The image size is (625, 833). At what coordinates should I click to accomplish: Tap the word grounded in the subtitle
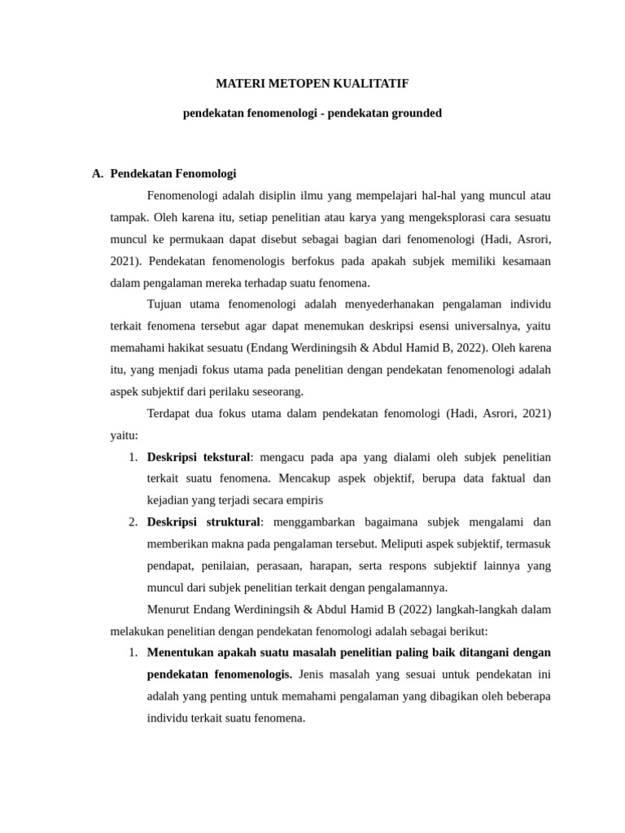tap(416, 113)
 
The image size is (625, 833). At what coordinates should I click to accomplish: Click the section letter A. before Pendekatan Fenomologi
tap(98, 173)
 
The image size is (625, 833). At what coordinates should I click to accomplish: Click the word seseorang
tap(275, 391)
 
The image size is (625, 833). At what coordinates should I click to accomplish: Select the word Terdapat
tap(171, 413)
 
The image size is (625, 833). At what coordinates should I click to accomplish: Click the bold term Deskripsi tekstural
tap(199, 456)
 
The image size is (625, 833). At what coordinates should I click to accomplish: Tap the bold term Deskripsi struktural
tap(203, 521)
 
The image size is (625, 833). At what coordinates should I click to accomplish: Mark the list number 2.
tap(133, 521)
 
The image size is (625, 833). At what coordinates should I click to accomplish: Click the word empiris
tap(304, 499)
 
